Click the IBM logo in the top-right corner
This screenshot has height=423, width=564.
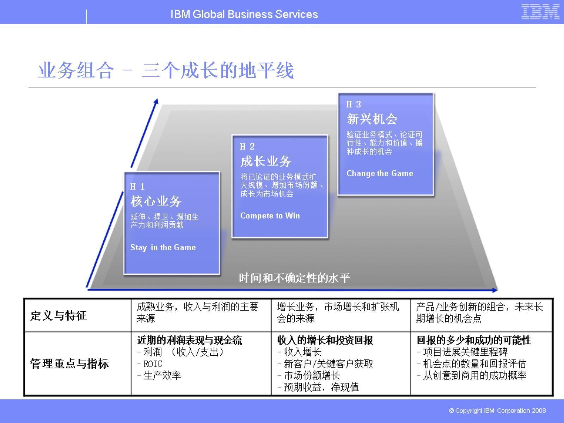[x=540, y=12]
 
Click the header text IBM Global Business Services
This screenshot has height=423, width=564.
[x=244, y=14]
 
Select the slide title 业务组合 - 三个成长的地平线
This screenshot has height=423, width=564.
[x=166, y=70]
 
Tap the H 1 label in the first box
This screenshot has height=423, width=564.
[x=137, y=186]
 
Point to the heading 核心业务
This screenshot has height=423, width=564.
[x=156, y=201]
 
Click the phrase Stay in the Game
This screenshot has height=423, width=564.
[x=163, y=247]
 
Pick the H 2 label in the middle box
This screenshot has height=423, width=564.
[x=247, y=147]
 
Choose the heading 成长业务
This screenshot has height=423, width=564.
[x=265, y=161]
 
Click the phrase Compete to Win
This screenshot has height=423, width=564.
[x=270, y=216]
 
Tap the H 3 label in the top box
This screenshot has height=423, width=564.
[x=354, y=104]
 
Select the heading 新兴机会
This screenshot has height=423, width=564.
[x=372, y=119]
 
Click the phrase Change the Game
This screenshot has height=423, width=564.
[x=380, y=173]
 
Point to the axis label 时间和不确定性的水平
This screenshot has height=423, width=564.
[x=294, y=278]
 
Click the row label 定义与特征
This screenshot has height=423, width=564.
[x=59, y=315]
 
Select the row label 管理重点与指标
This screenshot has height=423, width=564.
[x=69, y=363]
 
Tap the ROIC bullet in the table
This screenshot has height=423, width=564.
[x=153, y=364]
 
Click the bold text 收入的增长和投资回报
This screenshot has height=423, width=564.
[x=325, y=340]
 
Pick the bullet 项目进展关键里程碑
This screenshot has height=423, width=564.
[x=465, y=352]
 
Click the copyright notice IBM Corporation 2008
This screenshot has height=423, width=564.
[x=497, y=411]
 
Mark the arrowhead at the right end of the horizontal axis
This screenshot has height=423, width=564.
[x=495, y=290]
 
